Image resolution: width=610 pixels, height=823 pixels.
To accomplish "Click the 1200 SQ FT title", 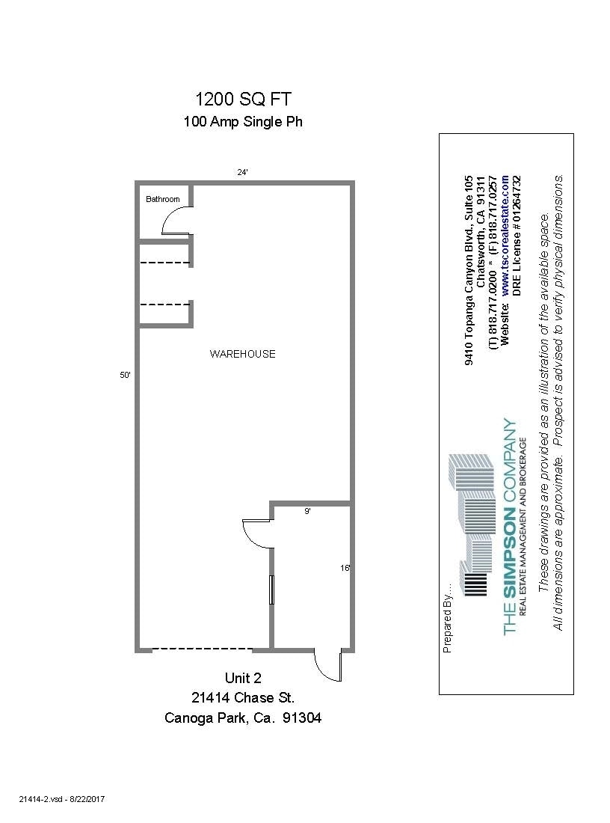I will click(x=243, y=99).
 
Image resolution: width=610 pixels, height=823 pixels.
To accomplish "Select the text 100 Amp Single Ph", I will click(x=243, y=122).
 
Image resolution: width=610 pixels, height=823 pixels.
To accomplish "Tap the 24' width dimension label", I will click(x=242, y=172).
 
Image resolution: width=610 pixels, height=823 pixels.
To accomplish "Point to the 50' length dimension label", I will click(x=125, y=376).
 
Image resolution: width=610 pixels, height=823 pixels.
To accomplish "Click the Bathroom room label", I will click(x=163, y=199).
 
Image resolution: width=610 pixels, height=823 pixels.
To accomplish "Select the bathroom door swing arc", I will click(x=176, y=221).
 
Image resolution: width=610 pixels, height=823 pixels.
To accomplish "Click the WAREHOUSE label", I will click(x=242, y=354).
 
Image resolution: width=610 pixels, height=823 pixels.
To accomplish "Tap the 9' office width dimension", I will click(x=307, y=512).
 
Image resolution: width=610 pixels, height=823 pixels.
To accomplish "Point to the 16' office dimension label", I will click(x=345, y=568).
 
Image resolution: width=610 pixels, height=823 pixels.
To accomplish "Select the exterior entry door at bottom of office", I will click(x=328, y=665).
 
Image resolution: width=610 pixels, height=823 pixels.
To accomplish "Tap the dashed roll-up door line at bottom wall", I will click(x=202, y=648).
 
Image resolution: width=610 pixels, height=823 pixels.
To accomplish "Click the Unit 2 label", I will click(x=243, y=679).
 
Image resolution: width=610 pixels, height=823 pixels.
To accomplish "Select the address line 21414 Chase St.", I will click(x=243, y=698).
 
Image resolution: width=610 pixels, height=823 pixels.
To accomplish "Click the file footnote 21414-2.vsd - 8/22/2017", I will click(x=62, y=800).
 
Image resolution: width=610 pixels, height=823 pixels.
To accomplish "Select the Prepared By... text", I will click(x=448, y=618).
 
